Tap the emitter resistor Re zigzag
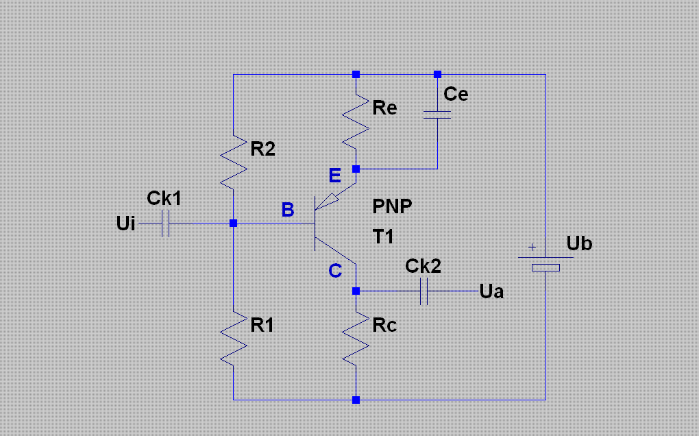coord(356,122)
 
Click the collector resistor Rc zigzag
coord(356,339)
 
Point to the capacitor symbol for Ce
coord(437,115)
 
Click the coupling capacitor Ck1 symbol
coord(165,223)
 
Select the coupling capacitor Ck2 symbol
coord(424,291)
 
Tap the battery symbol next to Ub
coord(545,263)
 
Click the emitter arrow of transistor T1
coord(327,202)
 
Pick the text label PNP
coord(392,206)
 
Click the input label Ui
coord(125,223)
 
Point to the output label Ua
coord(492,291)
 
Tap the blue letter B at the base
coord(288,210)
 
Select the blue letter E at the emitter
coord(335,175)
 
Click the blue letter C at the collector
coord(335,271)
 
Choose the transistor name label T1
coord(383,237)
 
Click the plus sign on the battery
coord(532,247)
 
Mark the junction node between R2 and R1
coord(233,223)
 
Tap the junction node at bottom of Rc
coord(356,400)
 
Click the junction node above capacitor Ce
coord(437,75)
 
